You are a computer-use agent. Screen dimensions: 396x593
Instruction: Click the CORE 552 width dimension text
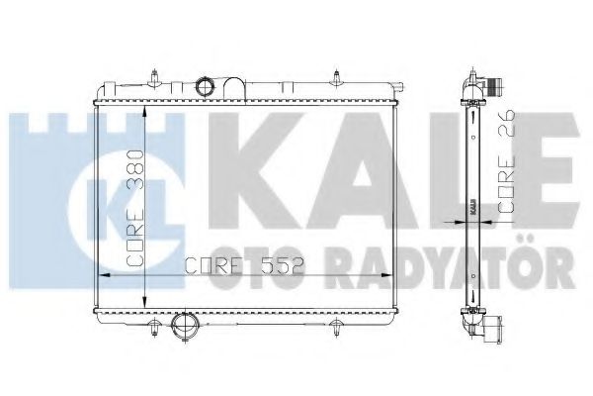[x=243, y=265]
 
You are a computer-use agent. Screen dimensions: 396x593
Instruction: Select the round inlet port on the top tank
[x=207, y=88]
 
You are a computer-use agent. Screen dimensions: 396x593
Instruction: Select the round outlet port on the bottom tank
[x=184, y=328]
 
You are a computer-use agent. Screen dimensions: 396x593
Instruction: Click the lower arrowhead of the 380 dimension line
[x=145, y=304]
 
